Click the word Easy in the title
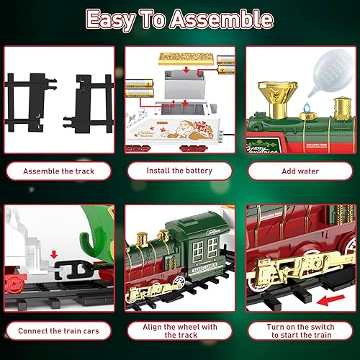pyautogui.click(x=116, y=19)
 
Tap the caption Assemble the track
pyautogui.click(x=57, y=171)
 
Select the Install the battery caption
pyautogui.click(x=179, y=171)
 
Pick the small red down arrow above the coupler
pyautogui.click(x=55, y=254)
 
